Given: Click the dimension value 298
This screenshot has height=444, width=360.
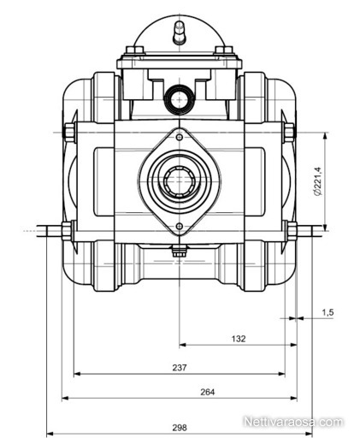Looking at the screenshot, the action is point(180,428).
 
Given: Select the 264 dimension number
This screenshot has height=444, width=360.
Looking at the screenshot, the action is point(208,392).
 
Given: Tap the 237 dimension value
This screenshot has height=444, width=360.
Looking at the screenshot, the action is point(180,368).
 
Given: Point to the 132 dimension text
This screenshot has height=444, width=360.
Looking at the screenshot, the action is point(239,339).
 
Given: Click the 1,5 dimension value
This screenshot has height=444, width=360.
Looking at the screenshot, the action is point(328,312).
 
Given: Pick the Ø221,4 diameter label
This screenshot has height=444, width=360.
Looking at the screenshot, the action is point(317,181).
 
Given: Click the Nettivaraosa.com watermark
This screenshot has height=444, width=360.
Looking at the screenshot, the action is point(293,422).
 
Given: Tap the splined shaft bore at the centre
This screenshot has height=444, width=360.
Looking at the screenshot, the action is point(180,181).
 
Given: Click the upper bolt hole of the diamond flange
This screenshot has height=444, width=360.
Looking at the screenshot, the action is point(180,138).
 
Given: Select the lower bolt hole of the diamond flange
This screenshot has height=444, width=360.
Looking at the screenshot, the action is point(180,227).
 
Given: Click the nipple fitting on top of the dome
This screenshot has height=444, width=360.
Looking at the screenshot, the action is point(180,33).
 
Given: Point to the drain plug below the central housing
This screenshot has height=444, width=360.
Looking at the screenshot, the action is point(180,251).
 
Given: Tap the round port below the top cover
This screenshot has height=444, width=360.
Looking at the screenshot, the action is point(180,100).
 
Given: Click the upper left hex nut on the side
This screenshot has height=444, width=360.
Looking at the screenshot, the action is point(69,133).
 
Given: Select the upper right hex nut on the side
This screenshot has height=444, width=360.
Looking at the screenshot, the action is point(289,133).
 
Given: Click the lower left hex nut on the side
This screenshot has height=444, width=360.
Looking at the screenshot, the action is point(67,230).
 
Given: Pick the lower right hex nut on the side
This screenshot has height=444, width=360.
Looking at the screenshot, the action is point(292,230).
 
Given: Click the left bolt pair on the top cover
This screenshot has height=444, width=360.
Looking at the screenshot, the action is point(134,50).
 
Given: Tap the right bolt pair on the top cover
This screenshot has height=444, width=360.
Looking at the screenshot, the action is point(224,50).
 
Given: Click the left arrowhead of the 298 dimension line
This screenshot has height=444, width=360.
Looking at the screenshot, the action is point(50,434).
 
